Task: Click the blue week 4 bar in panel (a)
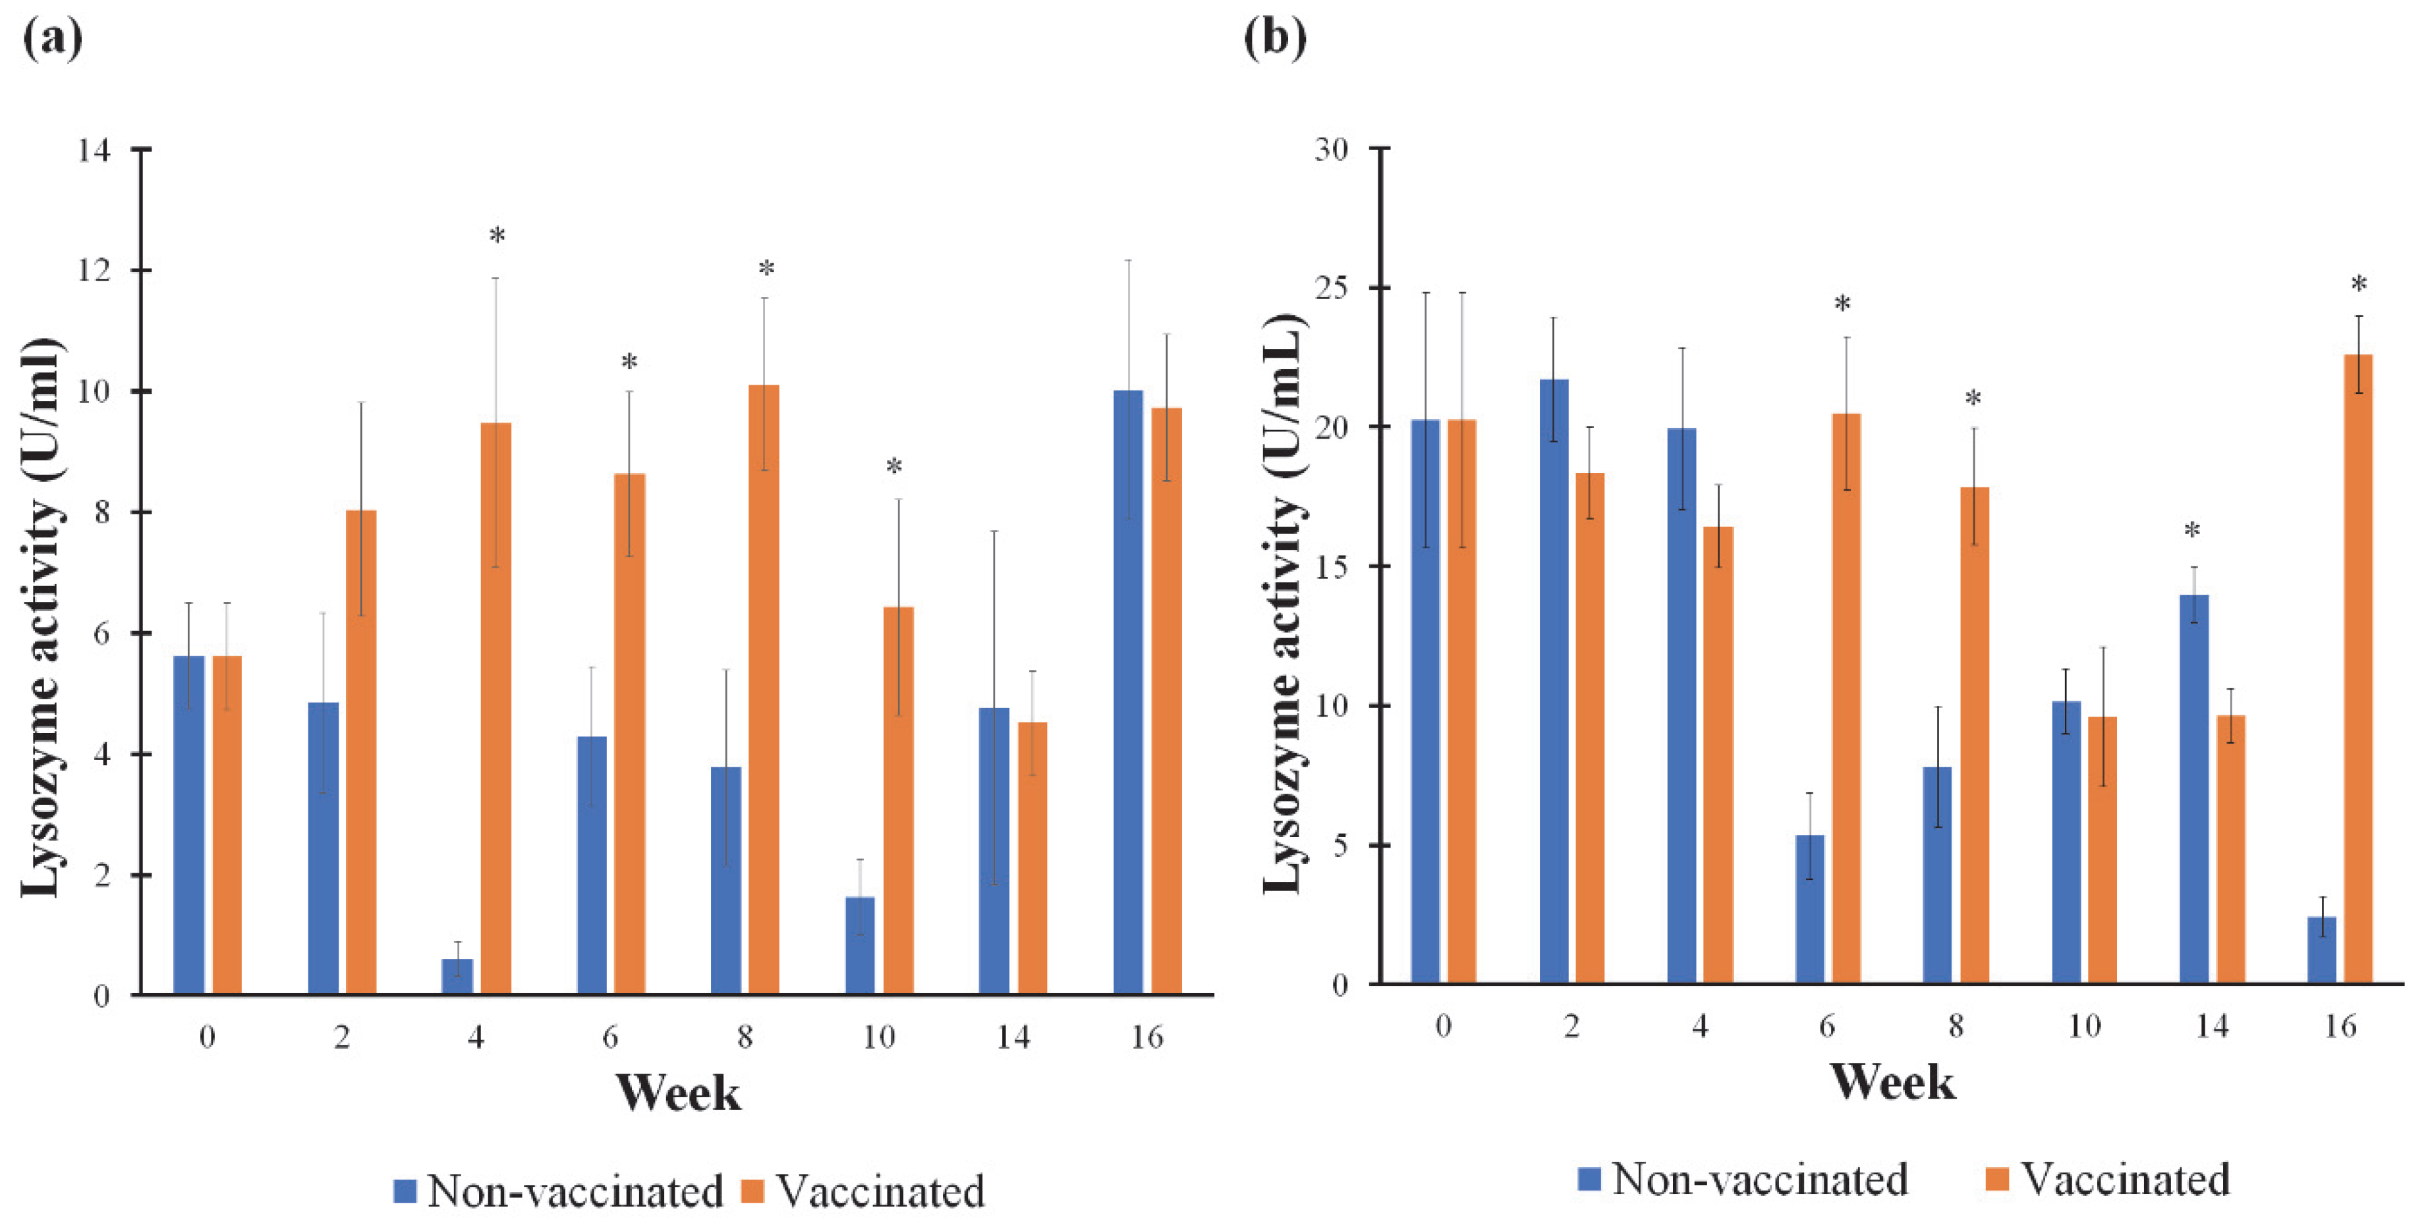point(457,976)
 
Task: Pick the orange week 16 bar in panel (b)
point(2357,669)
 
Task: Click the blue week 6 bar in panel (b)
point(1809,910)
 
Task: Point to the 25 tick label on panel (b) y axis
point(1331,288)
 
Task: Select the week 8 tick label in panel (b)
point(1956,1026)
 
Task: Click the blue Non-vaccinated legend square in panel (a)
point(405,1191)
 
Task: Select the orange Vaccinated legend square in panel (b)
point(1996,1180)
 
